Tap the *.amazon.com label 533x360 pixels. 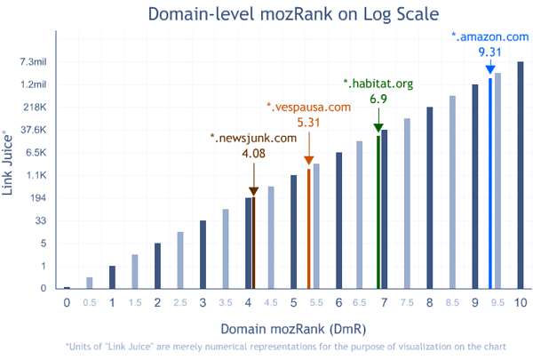pyautogui.click(x=490, y=36)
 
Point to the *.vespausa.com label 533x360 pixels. pyautogui.click(x=309, y=107)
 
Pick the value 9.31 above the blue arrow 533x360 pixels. pyautogui.click(x=490, y=53)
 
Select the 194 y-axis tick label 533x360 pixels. pyautogui.click(x=37, y=198)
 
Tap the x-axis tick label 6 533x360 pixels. pyautogui.click(x=339, y=303)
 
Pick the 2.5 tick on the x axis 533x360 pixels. pyautogui.click(x=180, y=304)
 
